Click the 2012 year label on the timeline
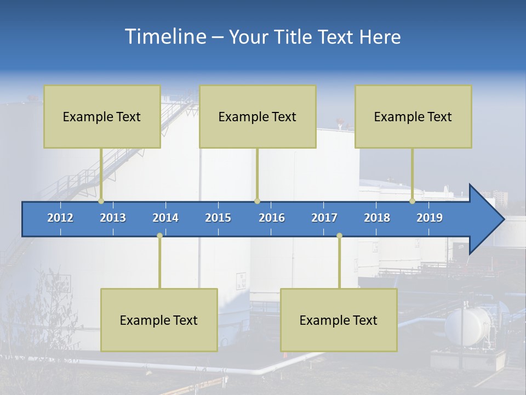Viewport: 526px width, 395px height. click(x=60, y=218)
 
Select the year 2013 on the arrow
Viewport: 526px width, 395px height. click(x=113, y=218)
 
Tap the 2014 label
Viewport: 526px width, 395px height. click(x=165, y=218)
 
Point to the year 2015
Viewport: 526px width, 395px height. click(x=218, y=218)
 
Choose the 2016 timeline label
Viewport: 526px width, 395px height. click(x=272, y=218)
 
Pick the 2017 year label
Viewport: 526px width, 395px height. click(x=324, y=218)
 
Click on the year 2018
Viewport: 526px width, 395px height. click(x=377, y=218)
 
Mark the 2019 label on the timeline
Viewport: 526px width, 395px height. click(x=430, y=218)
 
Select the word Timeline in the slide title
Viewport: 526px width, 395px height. click(x=165, y=37)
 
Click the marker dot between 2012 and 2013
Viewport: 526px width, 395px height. click(x=101, y=201)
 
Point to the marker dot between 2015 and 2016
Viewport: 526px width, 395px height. click(x=257, y=201)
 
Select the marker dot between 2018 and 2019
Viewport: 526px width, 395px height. click(x=413, y=201)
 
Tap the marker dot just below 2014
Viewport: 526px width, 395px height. click(x=159, y=235)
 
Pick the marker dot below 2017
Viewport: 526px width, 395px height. click(x=339, y=235)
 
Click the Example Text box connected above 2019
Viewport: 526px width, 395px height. click(x=413, y=116)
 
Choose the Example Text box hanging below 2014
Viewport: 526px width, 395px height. click(x=159, y=320)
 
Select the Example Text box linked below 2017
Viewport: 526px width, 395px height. click(x=339, y=320)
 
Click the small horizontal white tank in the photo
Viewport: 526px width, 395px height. click(x=467, y=326)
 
